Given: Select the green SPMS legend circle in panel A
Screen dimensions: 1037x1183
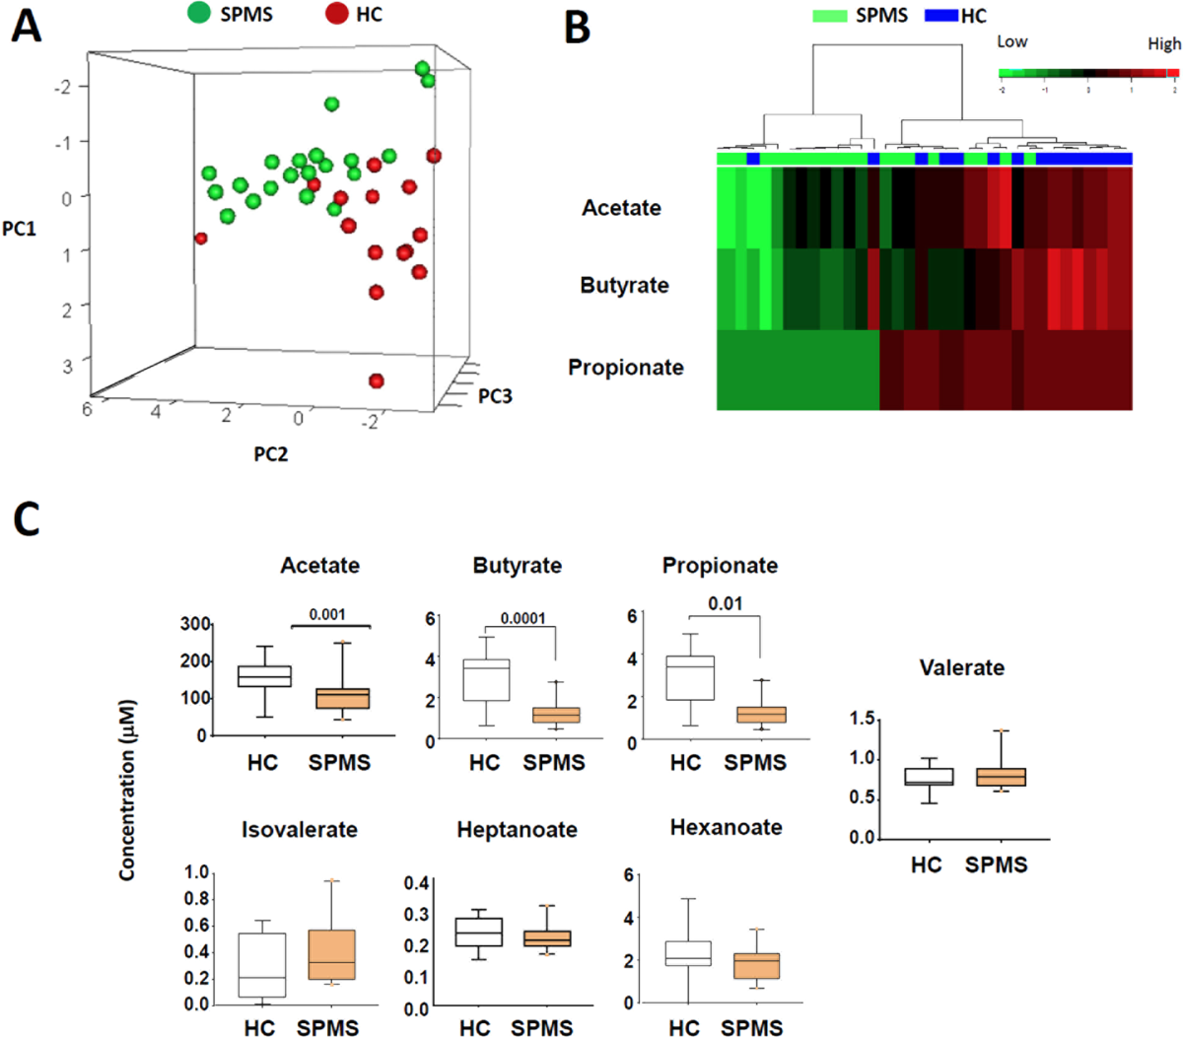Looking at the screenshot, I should click(x=199, y=14).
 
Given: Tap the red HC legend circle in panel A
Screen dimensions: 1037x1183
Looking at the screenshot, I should click(x=337, y=14).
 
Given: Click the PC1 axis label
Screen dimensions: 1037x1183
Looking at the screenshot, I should click(x=19, y=229).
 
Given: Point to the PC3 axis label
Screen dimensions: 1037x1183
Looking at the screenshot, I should click(x=495, y=396).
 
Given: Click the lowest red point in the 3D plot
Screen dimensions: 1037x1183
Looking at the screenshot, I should click(x=376, y=381).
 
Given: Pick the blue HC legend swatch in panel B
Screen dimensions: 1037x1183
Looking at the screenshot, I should click(x=940, y=16).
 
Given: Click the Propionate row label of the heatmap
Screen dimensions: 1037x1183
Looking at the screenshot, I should click(x=625, y=368).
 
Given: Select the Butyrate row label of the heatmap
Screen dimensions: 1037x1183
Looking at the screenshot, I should click(x=624, y=286).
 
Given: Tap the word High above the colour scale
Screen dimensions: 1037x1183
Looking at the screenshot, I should click(x=1163, y=43).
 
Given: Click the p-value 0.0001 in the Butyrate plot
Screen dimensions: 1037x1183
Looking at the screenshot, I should click(x=522, y=619).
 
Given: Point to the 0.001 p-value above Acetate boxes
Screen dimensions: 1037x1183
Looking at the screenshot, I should click(x=327, y=614).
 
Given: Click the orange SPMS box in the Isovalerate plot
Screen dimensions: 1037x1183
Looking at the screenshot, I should click(x=331, y=954).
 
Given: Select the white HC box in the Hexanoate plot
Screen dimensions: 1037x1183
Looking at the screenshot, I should click(x=687, y=953).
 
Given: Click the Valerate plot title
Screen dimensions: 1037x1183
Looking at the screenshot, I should click(x=961, y=667).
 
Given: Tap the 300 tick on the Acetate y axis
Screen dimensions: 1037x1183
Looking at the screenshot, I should click(x=195, y=624).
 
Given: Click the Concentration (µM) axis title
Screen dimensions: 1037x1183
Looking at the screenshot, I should click(x=127, y=790).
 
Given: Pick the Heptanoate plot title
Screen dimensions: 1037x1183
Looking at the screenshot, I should click(x=517, y=830).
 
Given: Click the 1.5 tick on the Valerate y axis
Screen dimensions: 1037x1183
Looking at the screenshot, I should click(x=862, y=719).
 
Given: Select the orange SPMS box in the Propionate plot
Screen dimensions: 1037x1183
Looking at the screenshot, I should click(x=761, y=715).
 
